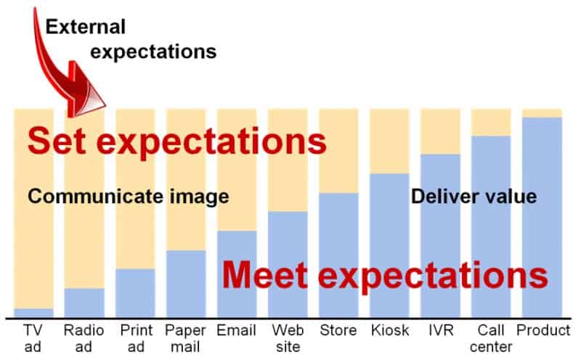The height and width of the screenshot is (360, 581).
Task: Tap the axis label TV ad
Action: coord(33,338)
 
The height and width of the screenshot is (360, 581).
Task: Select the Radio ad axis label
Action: coord(84,338)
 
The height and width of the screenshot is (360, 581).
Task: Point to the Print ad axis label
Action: coord(136,338)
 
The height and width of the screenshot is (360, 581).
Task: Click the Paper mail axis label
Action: coord(185,338)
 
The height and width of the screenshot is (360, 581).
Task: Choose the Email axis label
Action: coord(237,330)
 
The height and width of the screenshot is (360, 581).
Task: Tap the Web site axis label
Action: coord(288,338)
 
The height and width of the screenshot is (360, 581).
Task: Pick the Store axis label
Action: coord(338,330)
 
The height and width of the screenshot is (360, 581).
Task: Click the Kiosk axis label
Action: coord(390,330)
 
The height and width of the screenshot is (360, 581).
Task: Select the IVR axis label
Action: coord(441,330)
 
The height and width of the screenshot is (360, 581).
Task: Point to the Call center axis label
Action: coord(492,338)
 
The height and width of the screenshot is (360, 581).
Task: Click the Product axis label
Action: coord(543,330)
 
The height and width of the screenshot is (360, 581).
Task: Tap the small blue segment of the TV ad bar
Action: coord(33,313)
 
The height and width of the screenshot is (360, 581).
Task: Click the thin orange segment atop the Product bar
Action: coord(542,113)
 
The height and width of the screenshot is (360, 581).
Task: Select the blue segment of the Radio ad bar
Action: coord(84,303)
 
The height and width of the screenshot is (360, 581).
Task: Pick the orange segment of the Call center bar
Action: coord(492,123)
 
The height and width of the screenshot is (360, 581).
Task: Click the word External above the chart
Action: coord(86,27)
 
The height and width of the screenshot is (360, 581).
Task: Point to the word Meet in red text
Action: coord(265,275)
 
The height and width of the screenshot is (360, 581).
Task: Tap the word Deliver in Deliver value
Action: coord(442,196)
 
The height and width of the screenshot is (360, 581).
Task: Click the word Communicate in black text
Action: coord(96,196)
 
